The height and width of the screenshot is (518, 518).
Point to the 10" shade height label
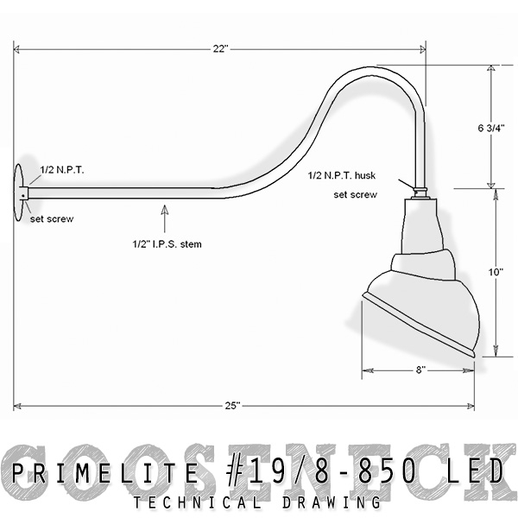(x=496, y=272)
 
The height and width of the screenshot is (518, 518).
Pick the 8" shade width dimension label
(x=419, y=370)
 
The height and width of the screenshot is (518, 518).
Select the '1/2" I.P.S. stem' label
(x=167, y=243)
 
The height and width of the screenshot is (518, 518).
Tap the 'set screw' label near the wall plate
(x=51, y=219)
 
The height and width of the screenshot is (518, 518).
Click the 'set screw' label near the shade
(x=355, y=195)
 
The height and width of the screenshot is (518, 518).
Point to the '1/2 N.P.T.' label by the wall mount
(x=62, y=171)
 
